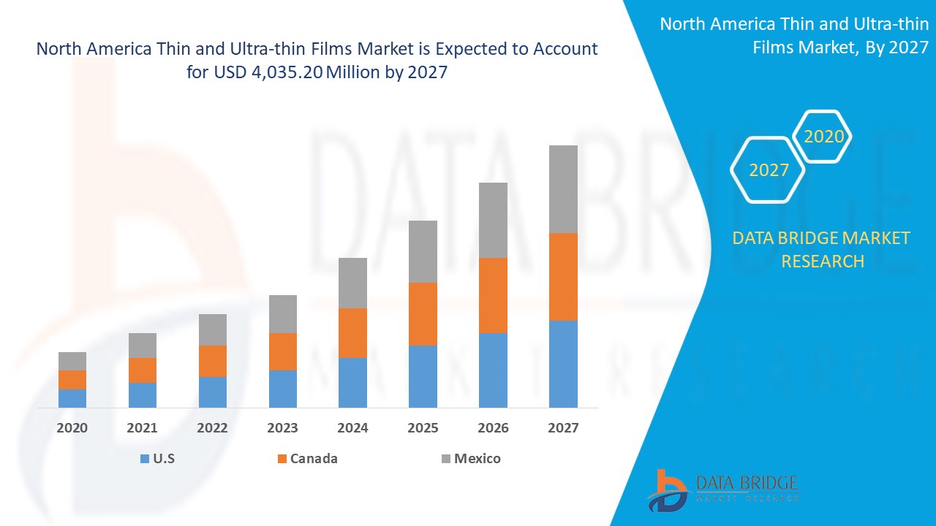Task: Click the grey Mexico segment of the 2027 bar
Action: [x=563, y=189]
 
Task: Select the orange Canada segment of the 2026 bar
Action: [x=493, y=295]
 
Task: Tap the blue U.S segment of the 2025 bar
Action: [x=423, y=376]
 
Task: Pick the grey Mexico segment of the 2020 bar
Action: [x=72, y=361]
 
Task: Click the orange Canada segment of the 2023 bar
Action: [x=283, y=351]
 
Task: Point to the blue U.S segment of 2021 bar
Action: [x=143, y=394]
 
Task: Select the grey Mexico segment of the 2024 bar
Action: [x=352, y=283]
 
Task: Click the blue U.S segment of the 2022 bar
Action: [x=213, y=392]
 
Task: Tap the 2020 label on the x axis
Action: [x=72, y=428]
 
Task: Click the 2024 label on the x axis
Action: [x=352, y=428]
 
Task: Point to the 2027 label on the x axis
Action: [x=563, y=428]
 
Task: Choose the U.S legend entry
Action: [x=157, y=459]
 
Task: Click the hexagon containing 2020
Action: [x=823, y=137]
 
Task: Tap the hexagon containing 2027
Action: [x=769, y=170]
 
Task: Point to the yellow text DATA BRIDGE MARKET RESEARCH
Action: [x=822, y=249]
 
